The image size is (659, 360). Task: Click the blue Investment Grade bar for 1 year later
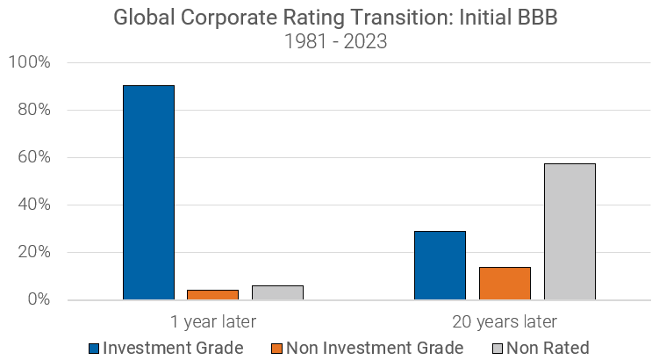(148, 192)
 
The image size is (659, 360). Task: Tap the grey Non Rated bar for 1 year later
(277, 292)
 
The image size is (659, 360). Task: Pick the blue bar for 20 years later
(440, 265)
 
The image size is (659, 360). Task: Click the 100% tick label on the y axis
(29, 63)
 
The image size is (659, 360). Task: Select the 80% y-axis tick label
(32, 111)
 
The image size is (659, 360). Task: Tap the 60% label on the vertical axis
(32, 158)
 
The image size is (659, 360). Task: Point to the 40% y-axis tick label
(32, 205)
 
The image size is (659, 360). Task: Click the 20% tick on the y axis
(32, 253)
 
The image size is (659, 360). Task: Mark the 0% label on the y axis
(37, 300)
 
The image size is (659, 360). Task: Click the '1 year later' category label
(213, 320)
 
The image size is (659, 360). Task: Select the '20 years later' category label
(505, 320)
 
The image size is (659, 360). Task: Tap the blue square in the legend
(94, 348)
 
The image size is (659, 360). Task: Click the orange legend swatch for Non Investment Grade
(277, 348)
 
